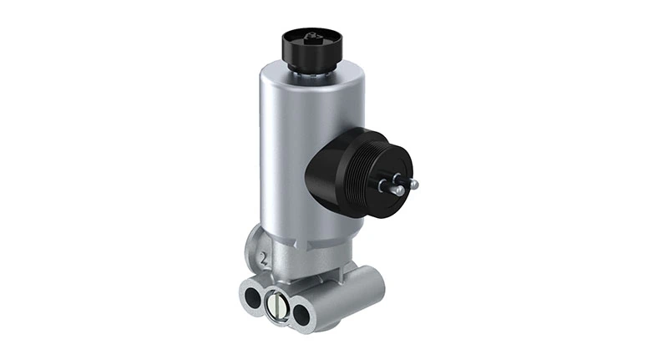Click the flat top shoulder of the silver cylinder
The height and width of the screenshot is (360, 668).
276,79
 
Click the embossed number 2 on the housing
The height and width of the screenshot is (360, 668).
263,256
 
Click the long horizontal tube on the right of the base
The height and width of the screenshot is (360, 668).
351,288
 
